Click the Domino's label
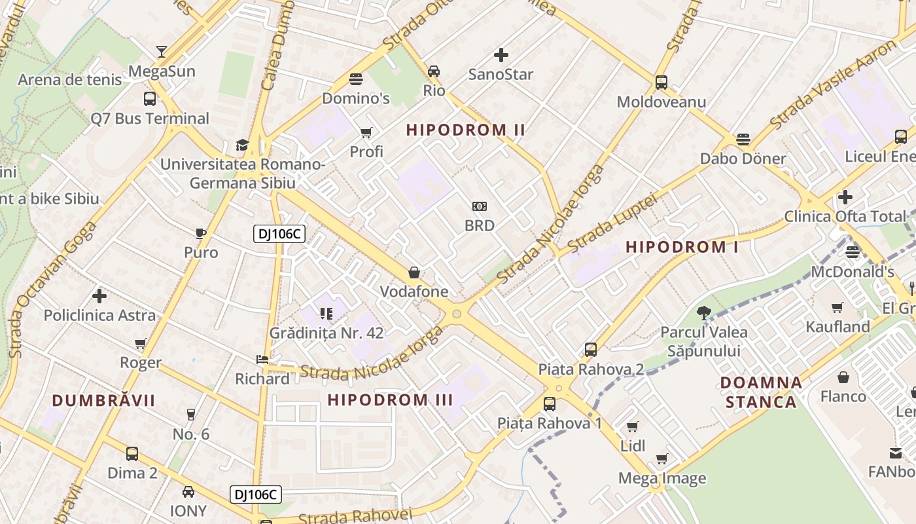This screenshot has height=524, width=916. coord(356,99)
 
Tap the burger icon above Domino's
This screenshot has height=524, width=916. coord(356,80)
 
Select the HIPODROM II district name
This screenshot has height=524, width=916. coord(466,130)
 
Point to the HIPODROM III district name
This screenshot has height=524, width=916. coord(390,400)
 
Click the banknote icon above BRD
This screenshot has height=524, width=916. coord(480,206)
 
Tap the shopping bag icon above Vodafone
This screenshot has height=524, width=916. coord(414,272)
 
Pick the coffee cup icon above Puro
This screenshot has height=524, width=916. coord(201,234)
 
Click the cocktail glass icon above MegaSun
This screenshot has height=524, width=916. coord(162,52)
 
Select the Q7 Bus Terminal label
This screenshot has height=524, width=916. coord(150,119)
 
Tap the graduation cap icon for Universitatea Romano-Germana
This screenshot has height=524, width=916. coord(243,145)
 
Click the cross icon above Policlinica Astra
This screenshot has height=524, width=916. coord(99,296)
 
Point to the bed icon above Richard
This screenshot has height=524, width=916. coord(262,360)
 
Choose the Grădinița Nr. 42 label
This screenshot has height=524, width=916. coord(326,333)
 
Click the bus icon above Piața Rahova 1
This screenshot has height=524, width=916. coord(550,404)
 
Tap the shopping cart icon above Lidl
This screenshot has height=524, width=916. coord(633,427)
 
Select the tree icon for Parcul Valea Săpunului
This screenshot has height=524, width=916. coord(704,313)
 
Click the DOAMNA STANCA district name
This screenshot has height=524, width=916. coord(761,392)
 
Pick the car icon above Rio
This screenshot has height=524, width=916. coord(434,71)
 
